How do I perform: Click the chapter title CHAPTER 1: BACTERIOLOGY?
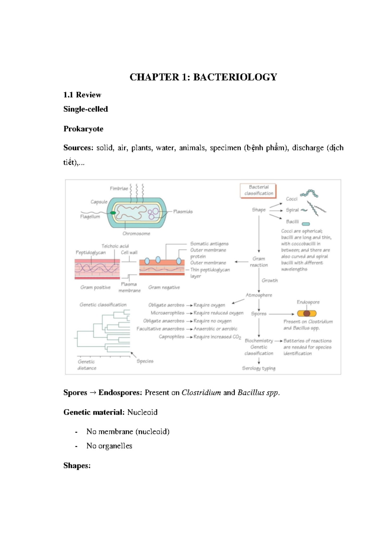coord(203,77)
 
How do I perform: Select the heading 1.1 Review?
coord(82,95)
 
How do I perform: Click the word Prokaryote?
coord(83,129)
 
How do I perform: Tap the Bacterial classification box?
coord(258,190)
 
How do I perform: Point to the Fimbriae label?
coord(119,188)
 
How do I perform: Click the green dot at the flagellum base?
coord(113,213)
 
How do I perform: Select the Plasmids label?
coord(183,212)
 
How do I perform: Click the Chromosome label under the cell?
coord(136,234)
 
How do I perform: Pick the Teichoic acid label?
coord(115,246)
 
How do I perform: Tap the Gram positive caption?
coord(95,287)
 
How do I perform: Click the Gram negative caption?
coord(164,287)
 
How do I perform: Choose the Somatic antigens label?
coord(209,244)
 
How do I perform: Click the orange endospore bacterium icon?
coord(307,313)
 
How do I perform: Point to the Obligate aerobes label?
coord(166,305)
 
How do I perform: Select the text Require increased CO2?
coord(217,337)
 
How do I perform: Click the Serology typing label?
coord(258,368)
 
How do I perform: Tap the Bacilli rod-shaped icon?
coord(306,224)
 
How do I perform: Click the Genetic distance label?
coord(86,365)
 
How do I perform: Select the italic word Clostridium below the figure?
coord(201,393)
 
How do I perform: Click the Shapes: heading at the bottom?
coord(77,466)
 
